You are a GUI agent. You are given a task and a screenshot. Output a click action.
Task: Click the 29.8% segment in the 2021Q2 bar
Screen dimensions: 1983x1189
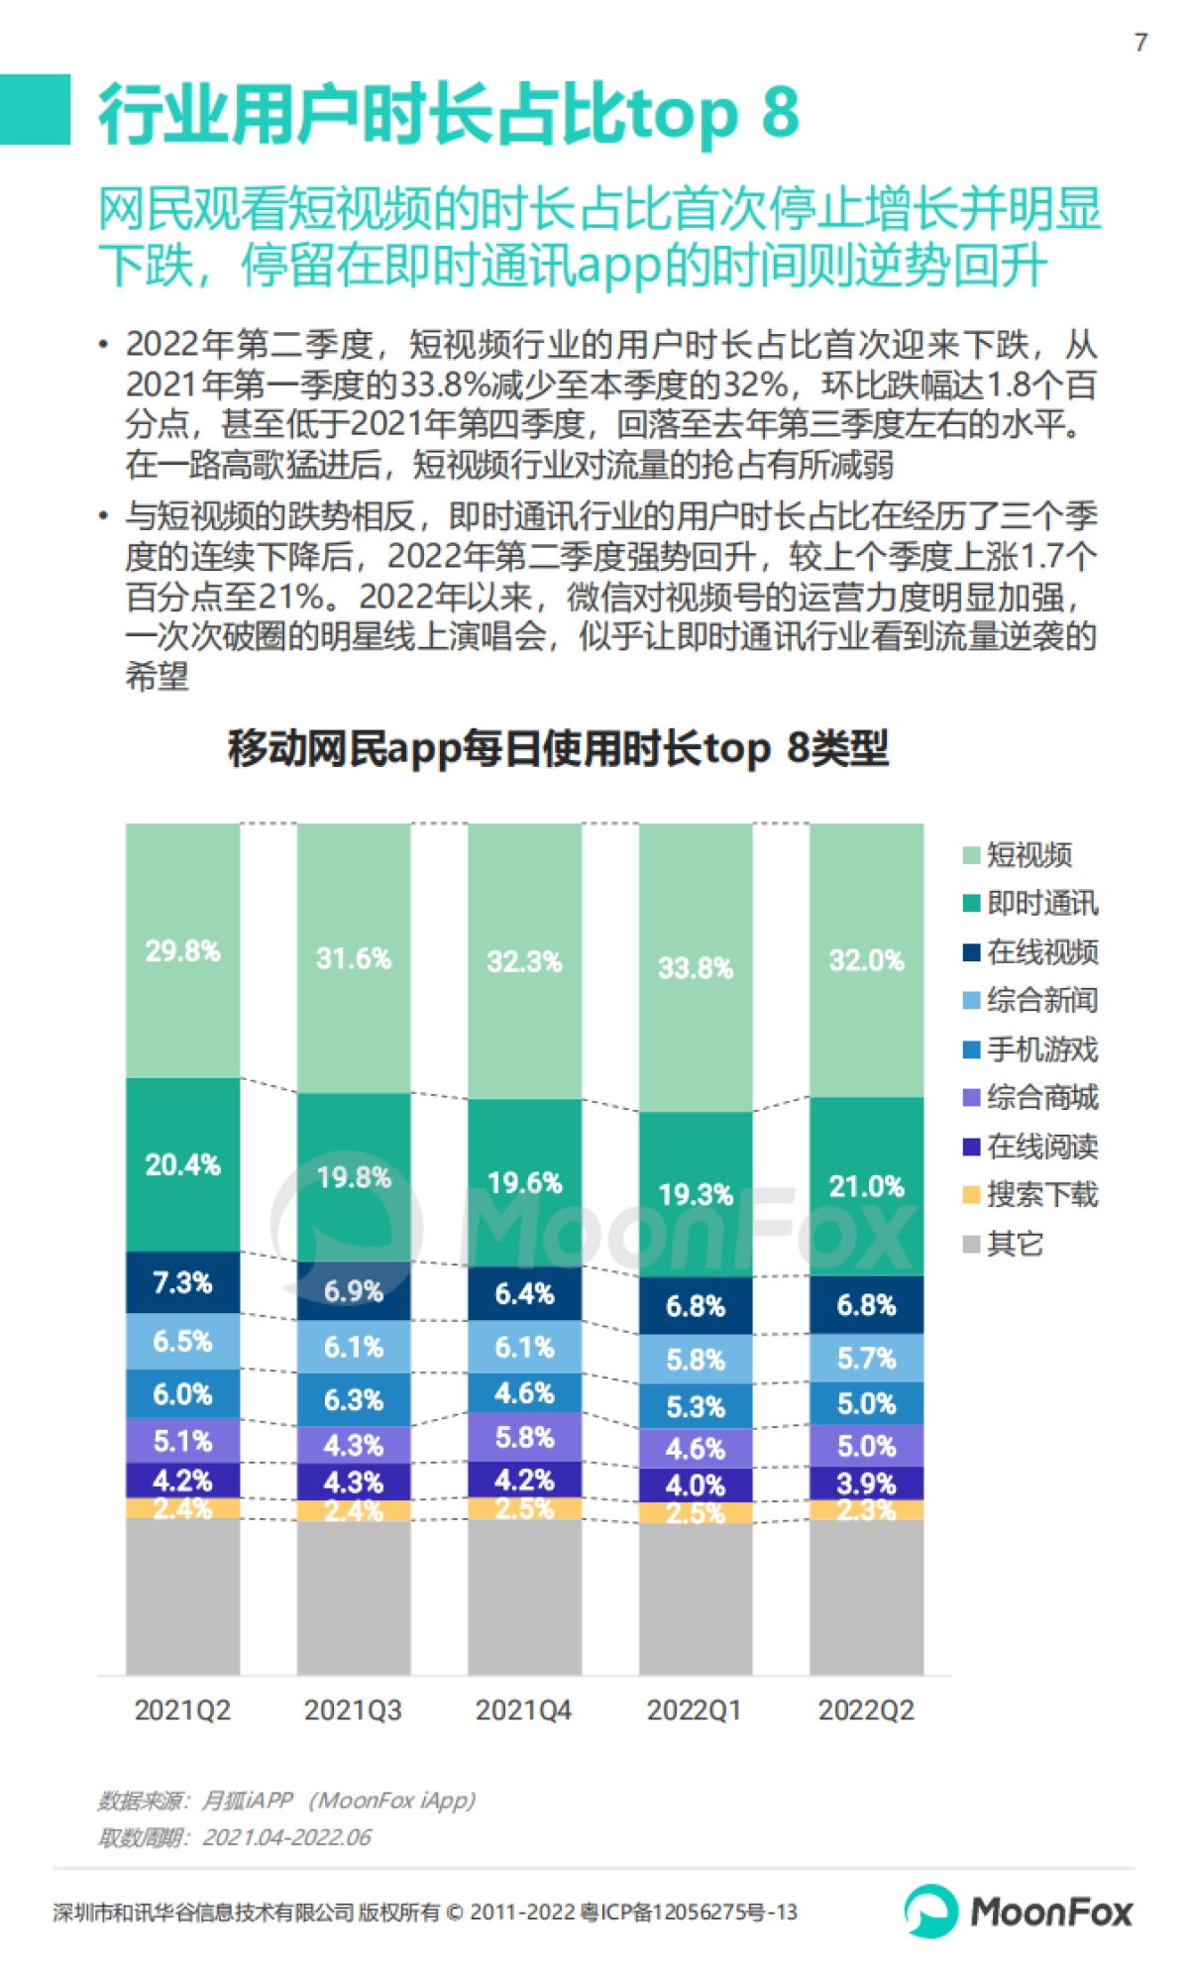pyautogui.click(x=182, y=950)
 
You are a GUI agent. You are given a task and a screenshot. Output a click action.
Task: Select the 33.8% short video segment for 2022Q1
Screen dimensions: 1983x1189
pyautogui.click(x=695, y=967)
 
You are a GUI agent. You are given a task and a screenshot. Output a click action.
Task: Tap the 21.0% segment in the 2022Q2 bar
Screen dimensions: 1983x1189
pyautogui.click(x=866, y=1186)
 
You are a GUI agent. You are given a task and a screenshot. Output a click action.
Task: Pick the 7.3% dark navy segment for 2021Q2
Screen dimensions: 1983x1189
pyautogui.click(x=182, y=1282)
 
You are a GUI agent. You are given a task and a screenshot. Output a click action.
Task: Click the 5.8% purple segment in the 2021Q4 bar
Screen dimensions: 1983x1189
pyautogui.click(x=524, y=1437)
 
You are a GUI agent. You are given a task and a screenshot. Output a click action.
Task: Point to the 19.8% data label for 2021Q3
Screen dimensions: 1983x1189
pyautogui.click(x=354, y=1177)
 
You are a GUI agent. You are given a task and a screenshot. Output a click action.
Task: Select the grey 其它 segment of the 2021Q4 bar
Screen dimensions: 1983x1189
pyautogui.click(x=524, y=1596)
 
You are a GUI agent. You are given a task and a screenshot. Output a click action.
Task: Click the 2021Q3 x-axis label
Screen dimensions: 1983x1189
pyautogui.click(x=353, y=1709)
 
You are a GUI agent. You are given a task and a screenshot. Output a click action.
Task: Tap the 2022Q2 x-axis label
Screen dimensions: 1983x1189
pyautogui.click(x=866, y=1709)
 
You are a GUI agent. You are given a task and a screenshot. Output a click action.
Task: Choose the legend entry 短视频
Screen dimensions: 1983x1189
pyautogui.click(x=1028, y=854)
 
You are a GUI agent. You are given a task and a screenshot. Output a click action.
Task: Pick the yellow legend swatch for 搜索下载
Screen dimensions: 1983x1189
pyautogui.click(x=972, y=1195)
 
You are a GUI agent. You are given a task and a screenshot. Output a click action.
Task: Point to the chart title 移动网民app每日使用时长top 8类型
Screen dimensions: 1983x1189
pyautogui.click(x=558, y=748)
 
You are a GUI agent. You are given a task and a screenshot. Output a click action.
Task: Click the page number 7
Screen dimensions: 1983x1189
pyautogui.click(x=1140, y=42)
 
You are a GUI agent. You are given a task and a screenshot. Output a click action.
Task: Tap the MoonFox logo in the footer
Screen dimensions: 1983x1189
pyautogui.click(x=1019, y=1911)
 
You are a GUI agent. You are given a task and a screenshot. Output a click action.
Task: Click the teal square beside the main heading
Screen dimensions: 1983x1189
pyautogui.click(x=35, y=109)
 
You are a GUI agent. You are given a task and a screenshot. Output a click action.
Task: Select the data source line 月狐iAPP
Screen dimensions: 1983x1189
pyautogui.click(x=287, y=1800)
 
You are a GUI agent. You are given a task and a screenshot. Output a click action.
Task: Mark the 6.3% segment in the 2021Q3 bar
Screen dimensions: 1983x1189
pyautogui.click(x=354, y=1399)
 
